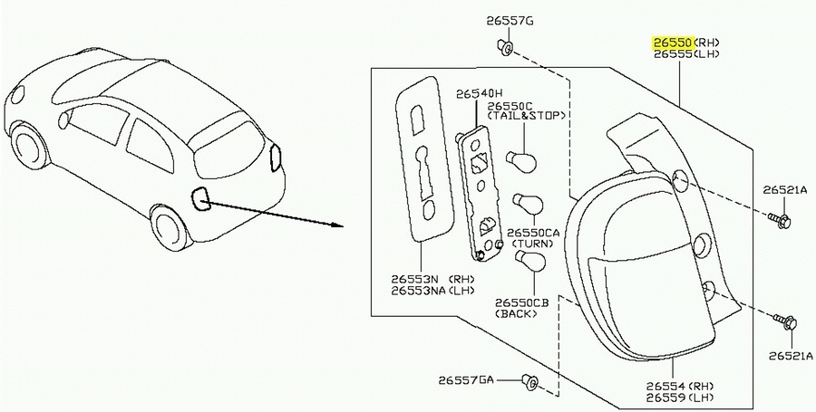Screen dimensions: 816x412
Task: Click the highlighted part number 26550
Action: (674, 43)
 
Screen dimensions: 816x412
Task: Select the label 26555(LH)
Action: (687, 54)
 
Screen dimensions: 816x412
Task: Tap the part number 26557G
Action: (510, 22)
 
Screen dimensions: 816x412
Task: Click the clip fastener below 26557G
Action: (505, 47)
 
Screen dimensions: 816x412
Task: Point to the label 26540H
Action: (480, 94)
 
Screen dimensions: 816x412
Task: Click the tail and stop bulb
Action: (522, 160)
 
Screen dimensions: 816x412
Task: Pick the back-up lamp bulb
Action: (529, 260)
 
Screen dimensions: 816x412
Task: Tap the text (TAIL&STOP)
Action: (526, 116)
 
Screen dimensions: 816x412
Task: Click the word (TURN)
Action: (533, 244)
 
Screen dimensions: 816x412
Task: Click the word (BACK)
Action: (516, 314)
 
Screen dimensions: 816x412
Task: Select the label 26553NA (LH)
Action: (433, 291)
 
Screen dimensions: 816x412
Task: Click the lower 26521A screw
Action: (785, 322)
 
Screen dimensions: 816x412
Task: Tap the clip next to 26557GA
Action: (530, 382)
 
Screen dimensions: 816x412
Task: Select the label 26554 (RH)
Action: (680, 387)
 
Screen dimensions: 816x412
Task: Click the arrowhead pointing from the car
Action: (337, 225)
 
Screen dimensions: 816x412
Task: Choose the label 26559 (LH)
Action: (680, 398)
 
